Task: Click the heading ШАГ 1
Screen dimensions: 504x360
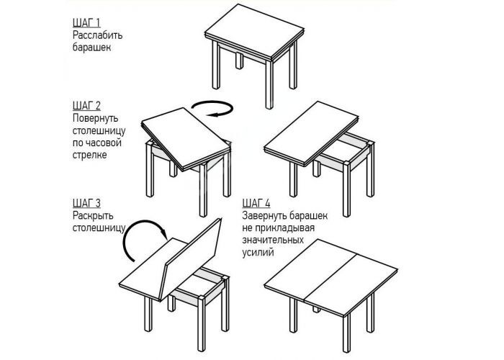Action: click(86, 23)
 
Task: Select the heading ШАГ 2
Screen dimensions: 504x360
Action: click(86, 106)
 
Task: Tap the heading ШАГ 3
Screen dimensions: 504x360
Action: click(86, 204)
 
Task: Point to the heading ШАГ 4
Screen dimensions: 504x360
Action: click(256, 204)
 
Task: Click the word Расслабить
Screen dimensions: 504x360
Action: click(97, 35)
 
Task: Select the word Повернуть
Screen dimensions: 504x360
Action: click(96, 118)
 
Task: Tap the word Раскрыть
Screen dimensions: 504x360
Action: click(93, 215)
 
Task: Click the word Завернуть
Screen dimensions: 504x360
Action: click(264, 215)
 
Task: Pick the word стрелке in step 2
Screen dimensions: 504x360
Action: click(89, 155)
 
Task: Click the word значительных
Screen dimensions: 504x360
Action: click(273, 240)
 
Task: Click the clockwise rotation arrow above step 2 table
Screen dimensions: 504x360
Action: click(212, 109)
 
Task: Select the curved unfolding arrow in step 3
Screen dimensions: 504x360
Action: click(141, 238)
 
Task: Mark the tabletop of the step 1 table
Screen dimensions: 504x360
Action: click(254, 33)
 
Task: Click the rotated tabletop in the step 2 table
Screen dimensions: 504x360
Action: click(186, 138)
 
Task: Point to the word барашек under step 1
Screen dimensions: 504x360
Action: click(91, 48)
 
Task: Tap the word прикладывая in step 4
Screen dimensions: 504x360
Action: click(285, 228)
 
